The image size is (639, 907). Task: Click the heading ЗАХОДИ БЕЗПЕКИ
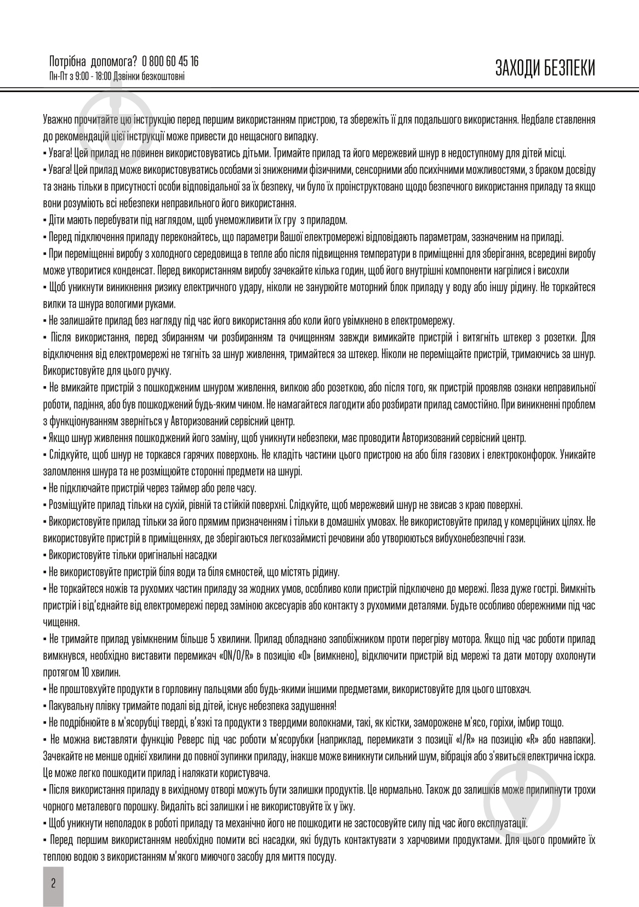545,68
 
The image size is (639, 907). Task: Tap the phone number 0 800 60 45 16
170,61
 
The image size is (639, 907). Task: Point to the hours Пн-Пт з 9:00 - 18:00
80,76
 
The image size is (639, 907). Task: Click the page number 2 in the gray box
53,883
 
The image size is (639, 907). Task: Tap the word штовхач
514,689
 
